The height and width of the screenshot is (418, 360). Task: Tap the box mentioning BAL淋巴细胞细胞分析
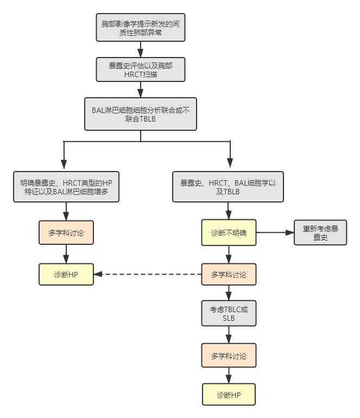click(x=140, y=114)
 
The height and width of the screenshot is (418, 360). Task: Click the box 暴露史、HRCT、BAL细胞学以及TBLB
click(x=229, y=188)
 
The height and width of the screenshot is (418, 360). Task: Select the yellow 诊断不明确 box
click(x=229, y=232)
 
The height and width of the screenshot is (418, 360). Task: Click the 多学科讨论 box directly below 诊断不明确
click(x=229, y=275)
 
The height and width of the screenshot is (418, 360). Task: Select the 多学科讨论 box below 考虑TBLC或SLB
click(x=229, y=356)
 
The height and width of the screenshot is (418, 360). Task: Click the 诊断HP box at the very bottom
click(x=229, y=395)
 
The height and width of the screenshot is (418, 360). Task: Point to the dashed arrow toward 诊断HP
click(x=147, y=275)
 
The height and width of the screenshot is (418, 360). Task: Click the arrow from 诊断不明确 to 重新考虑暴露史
click(x=275, y=232)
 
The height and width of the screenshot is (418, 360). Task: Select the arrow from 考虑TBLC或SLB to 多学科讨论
click(x=229, y=334)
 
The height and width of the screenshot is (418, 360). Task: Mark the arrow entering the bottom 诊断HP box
click(x=229, y=376)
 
